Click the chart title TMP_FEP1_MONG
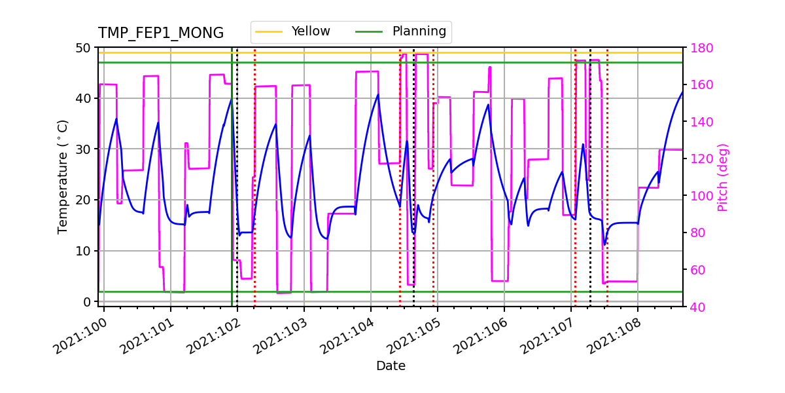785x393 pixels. pyautogui.click(x=161, y=33)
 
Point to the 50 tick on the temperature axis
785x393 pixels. pyautogui.click(x=84, y=48)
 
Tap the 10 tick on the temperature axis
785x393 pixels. pyautogui.click(x=84, y=251)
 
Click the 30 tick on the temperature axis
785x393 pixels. pyautogui.click(x=84, y=149)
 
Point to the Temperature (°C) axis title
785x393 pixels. pyautogui.click(x=63, y=176)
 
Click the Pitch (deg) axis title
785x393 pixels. pyautogui.click(x=723, y=177)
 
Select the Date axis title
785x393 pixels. pyautogui.click(x=391, y=366)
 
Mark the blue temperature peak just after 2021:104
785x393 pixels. pyautogui.click(x=377, y=94)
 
